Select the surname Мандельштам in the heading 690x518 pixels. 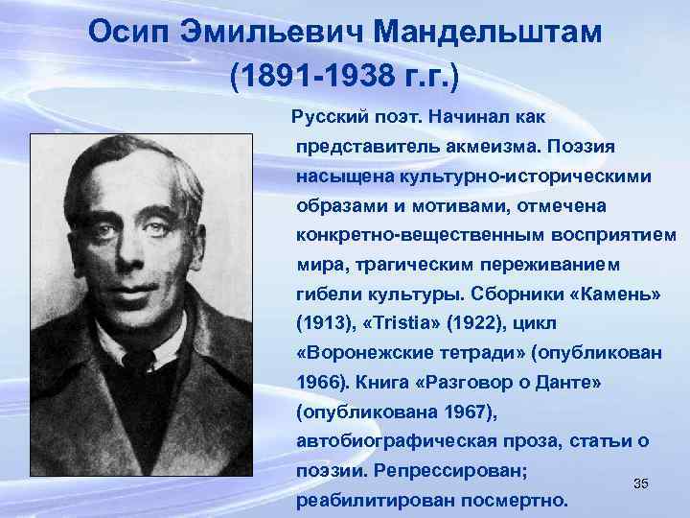pyautogui.click(x=489, y=33)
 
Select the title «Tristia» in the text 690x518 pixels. pyautogui.click(x=406, y=322)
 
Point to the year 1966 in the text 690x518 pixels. pyautogui.click(x=319, y=382)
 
